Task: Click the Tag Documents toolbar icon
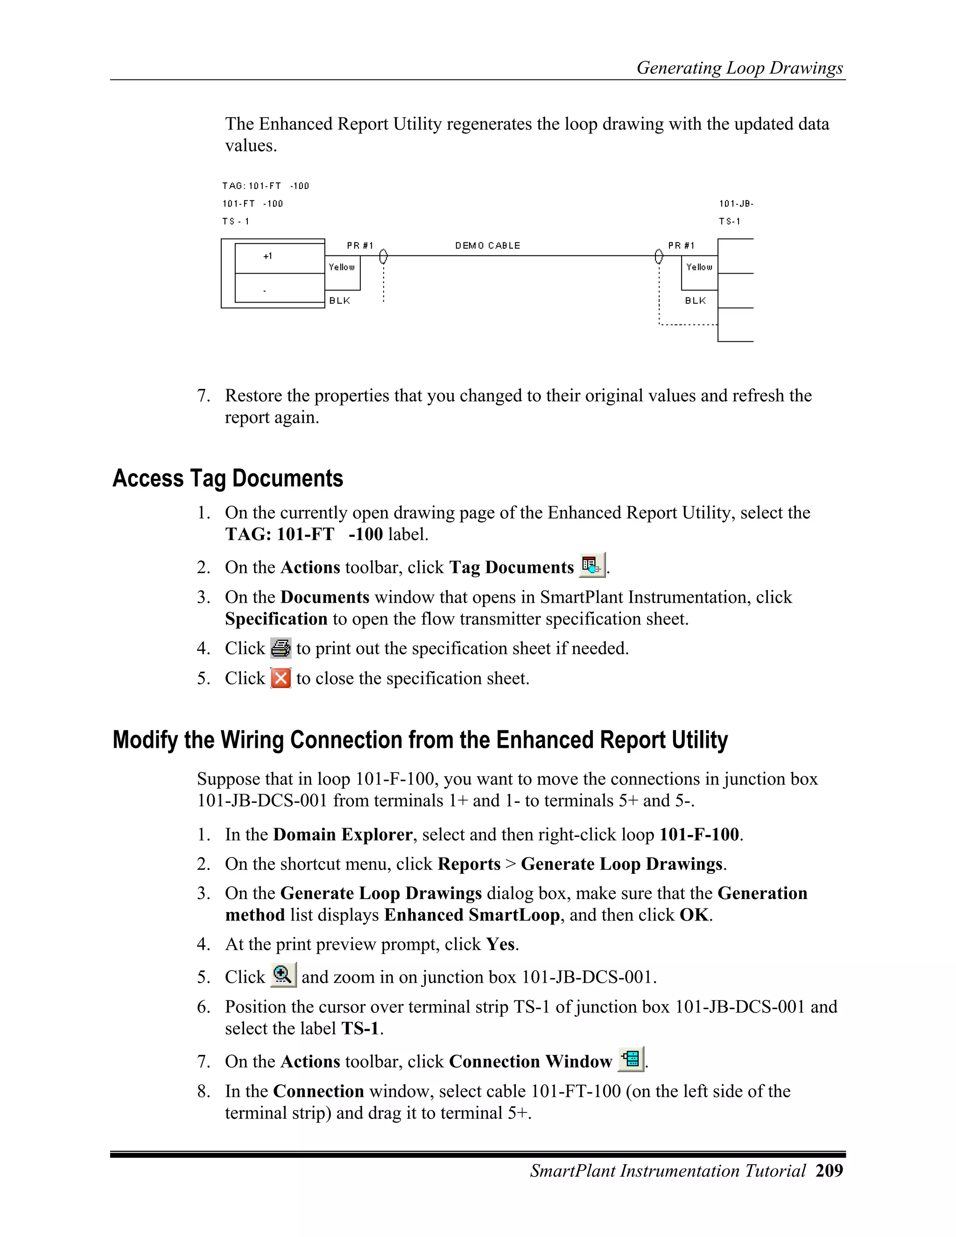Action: [x=592, y=565]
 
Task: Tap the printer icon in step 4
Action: [x=281, y=648]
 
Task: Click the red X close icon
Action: [x=281, y=678]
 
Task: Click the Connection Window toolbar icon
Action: [x=630, y=1059]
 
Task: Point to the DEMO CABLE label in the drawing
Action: [x=487, y=245]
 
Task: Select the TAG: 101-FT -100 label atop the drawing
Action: [x=265, y=186]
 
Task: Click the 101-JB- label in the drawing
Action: [x=736, y=204]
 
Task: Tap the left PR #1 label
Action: [x=359, y=245]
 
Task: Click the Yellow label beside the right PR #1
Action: [x=699, y=267]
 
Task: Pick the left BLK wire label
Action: [x=340, y=301]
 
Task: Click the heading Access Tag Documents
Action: [x=228, y=478]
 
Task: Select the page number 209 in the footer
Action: [x=829, y=1171]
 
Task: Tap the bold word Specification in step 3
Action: [x=276, y=618]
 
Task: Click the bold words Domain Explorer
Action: [x=343, y=834]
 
